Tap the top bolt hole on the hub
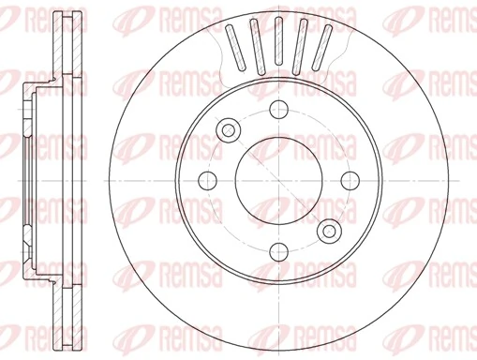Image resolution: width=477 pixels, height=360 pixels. point(278,110)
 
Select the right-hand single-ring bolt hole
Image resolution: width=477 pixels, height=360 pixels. point(349,180)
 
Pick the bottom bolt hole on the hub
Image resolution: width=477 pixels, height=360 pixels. point(278,250)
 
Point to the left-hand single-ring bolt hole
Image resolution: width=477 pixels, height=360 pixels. point(208,180)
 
